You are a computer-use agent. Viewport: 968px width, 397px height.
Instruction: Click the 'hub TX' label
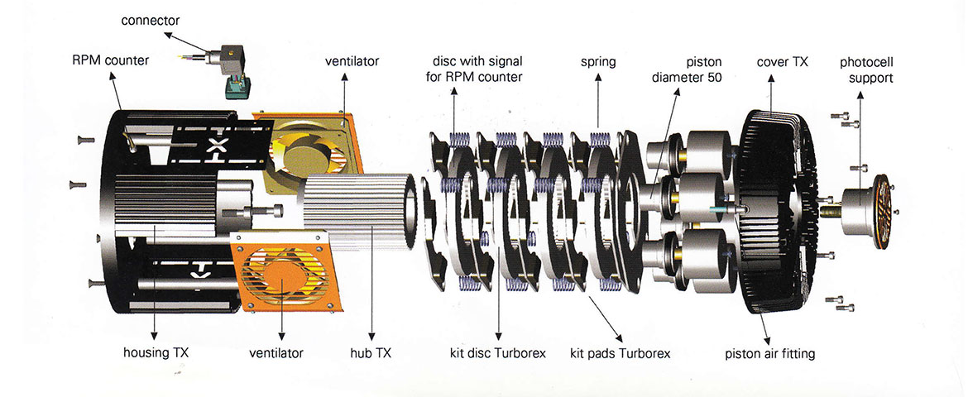372,354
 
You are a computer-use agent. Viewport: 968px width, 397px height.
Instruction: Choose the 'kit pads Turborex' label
621,354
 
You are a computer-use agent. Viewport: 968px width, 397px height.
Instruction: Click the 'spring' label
598,61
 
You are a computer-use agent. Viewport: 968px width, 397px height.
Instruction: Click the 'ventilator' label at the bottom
276,354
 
